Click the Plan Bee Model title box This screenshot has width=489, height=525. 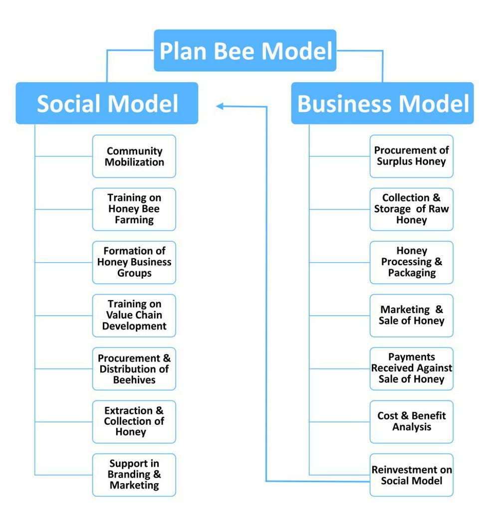click(x=245, y=50)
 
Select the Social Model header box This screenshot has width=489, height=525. click(x=107, y=103)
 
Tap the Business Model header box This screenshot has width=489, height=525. click(x=382, y=103)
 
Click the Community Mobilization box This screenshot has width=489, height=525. click(x=134, y=156)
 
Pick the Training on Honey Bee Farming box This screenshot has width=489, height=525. click(x=134, y=209)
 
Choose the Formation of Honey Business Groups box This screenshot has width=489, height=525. click(x=134, y=262)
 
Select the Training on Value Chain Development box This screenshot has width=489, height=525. click(x=134, y=315)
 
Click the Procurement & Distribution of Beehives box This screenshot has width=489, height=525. click(x=134, y=368)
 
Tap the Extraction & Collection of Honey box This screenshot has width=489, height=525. click(x=134, y=421)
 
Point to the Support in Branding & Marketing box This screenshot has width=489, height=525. click(x=134, y=475)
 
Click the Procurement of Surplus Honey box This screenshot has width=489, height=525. click(x=411, y=156)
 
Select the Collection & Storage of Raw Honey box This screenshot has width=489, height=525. click(x=411, y=209)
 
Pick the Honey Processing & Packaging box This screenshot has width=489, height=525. click(x=411, y=262)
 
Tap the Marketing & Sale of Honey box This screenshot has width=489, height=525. click(x=411, y=315)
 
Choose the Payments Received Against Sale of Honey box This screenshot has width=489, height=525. click(x=411, y=368)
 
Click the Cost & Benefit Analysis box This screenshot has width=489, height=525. click(x=411, y=421)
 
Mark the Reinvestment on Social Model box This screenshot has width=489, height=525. click(x=411, y=475)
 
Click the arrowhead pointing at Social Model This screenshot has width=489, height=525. click(x=220, y=106)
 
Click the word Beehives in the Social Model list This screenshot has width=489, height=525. click(x=134, y=380)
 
